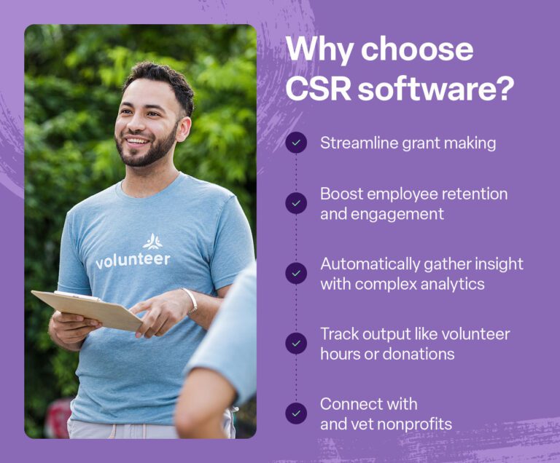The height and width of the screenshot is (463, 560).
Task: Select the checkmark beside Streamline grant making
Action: click(x=296, y=143)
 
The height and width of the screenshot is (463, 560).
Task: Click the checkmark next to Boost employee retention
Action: click(x=296, y=203)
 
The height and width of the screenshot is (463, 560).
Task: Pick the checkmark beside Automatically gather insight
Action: click(x=296, y=273)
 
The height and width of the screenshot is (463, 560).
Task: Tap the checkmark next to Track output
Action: click(x=296, y=343)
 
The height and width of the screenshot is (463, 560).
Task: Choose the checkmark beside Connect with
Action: click(x=296, y=413)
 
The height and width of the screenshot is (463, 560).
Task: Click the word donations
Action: click(x=419, y=354)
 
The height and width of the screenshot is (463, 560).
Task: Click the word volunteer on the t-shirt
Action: click(x=133, y=260)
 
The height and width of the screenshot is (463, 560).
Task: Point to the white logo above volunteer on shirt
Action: click(x=152, y=242)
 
